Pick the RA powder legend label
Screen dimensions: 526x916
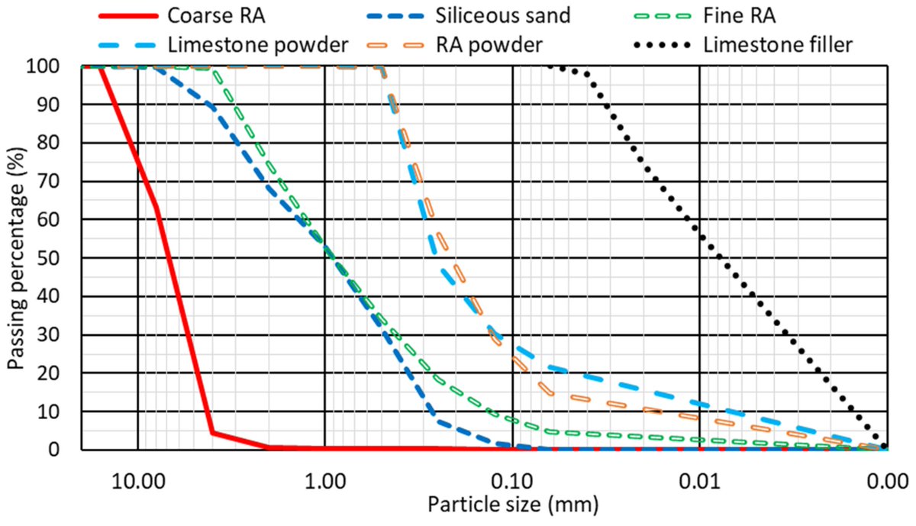coord(501,45)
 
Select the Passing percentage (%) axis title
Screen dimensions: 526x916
coord(17,258)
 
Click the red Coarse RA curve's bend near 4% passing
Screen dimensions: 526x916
coord(212,433)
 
